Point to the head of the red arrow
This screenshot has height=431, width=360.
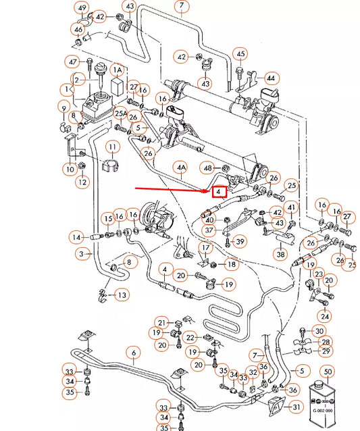(x=209, y=191)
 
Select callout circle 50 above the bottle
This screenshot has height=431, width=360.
(x=328, y=372)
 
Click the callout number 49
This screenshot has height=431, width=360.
(x=82, y=9)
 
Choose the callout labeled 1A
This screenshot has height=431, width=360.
(x=118, y=70)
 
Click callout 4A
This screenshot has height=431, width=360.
(x=180, y=166)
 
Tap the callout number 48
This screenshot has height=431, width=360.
(x=208, y=167)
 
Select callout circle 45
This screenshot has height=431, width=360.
(x=240, y=53)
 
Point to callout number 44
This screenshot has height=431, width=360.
(x=269, y=78)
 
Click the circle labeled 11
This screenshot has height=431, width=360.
(x=111, y=147)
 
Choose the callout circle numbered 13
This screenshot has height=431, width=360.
(x=121, y=295)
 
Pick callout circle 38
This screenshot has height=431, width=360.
(x=280, y=255)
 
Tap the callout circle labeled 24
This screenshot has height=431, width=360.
(x=326, y=315)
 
